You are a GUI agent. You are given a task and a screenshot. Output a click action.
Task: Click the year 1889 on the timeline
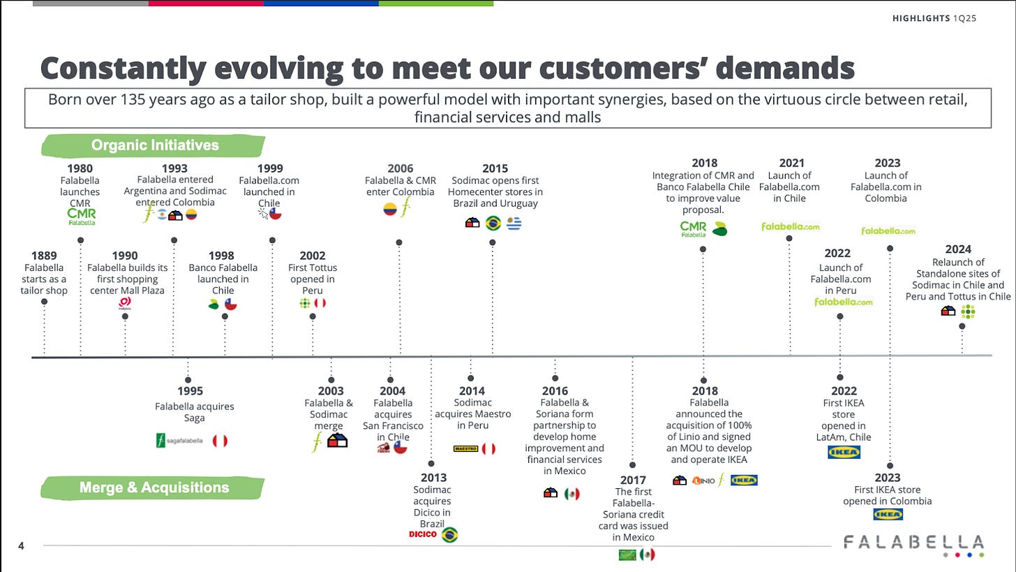click(x=44, y=256)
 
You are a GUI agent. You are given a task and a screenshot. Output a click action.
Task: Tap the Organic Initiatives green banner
click(x=154, y=145)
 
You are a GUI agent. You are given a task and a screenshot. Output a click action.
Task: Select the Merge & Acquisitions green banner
click(x=154, y=487)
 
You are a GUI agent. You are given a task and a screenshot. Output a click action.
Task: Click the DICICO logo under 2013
click(x=423, y=534)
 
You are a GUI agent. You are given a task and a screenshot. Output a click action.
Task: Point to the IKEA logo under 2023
click(x=888, y=514)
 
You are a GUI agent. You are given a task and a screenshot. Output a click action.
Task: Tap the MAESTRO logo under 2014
click(x=465, y=448)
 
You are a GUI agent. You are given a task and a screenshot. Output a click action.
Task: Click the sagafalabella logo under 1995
click(x=179, y=441)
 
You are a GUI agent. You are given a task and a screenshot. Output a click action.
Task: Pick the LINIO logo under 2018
click(x=703, y=481)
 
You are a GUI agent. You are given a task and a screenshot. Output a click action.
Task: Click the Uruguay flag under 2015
click(x=514, y=223)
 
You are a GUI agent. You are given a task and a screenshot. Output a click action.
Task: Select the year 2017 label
click(x=633, y=480)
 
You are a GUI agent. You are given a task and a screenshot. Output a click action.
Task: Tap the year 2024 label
click(x=958, y=249)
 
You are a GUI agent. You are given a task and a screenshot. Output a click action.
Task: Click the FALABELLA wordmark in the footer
click(x=913, y=542)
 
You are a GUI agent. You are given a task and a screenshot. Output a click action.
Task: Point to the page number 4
click(x=21, y=546)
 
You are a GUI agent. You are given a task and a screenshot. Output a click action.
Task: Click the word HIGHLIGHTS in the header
click(x=921, y=18)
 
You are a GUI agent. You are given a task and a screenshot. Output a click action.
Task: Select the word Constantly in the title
click(x=124, y=68)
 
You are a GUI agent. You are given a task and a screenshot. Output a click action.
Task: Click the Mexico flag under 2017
click(x=648, y=555)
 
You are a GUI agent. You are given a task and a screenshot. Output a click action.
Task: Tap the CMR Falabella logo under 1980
click(x=81, y=216)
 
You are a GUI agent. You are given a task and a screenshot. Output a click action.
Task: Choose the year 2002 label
click(x=313, y=256)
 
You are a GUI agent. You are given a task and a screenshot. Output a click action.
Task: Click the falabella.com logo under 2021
click(x=791, y=226)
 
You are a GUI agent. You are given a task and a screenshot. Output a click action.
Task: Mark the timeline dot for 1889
click(x=44, y=302)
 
